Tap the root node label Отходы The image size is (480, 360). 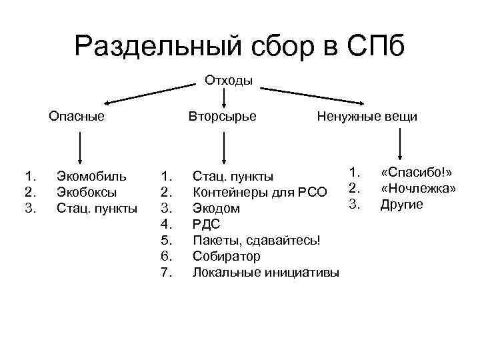[x=229, y=81]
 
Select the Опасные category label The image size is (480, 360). [x=77, y=117]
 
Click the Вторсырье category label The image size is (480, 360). [x=222, y=117]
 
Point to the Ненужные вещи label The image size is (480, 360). [x=367, y=117]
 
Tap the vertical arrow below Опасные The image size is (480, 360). [x=80, y=147]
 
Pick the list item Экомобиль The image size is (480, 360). [x=91, y=177]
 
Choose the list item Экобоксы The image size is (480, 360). [x=87, y=192]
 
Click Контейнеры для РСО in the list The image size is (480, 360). [x=260, y=193]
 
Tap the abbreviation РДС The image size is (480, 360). [x=206, y=225]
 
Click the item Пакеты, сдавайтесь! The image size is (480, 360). [x=257, y=240]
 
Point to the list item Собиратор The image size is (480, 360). [x=226, y=256]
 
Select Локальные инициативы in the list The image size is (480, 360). [x=265, y=272]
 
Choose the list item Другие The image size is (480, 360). [x=401, y=205]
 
